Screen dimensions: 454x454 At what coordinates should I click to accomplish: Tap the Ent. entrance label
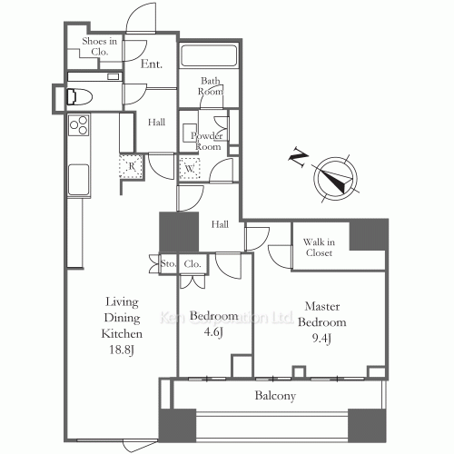click(152, 64)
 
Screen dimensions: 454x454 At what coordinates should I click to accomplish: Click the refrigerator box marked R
click(132, 165)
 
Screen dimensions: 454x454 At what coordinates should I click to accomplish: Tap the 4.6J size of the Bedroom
click(214, 331)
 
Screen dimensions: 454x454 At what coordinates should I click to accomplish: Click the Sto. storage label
click(167, 264)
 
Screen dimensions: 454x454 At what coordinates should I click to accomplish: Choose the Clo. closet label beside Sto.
click(192, 264)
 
